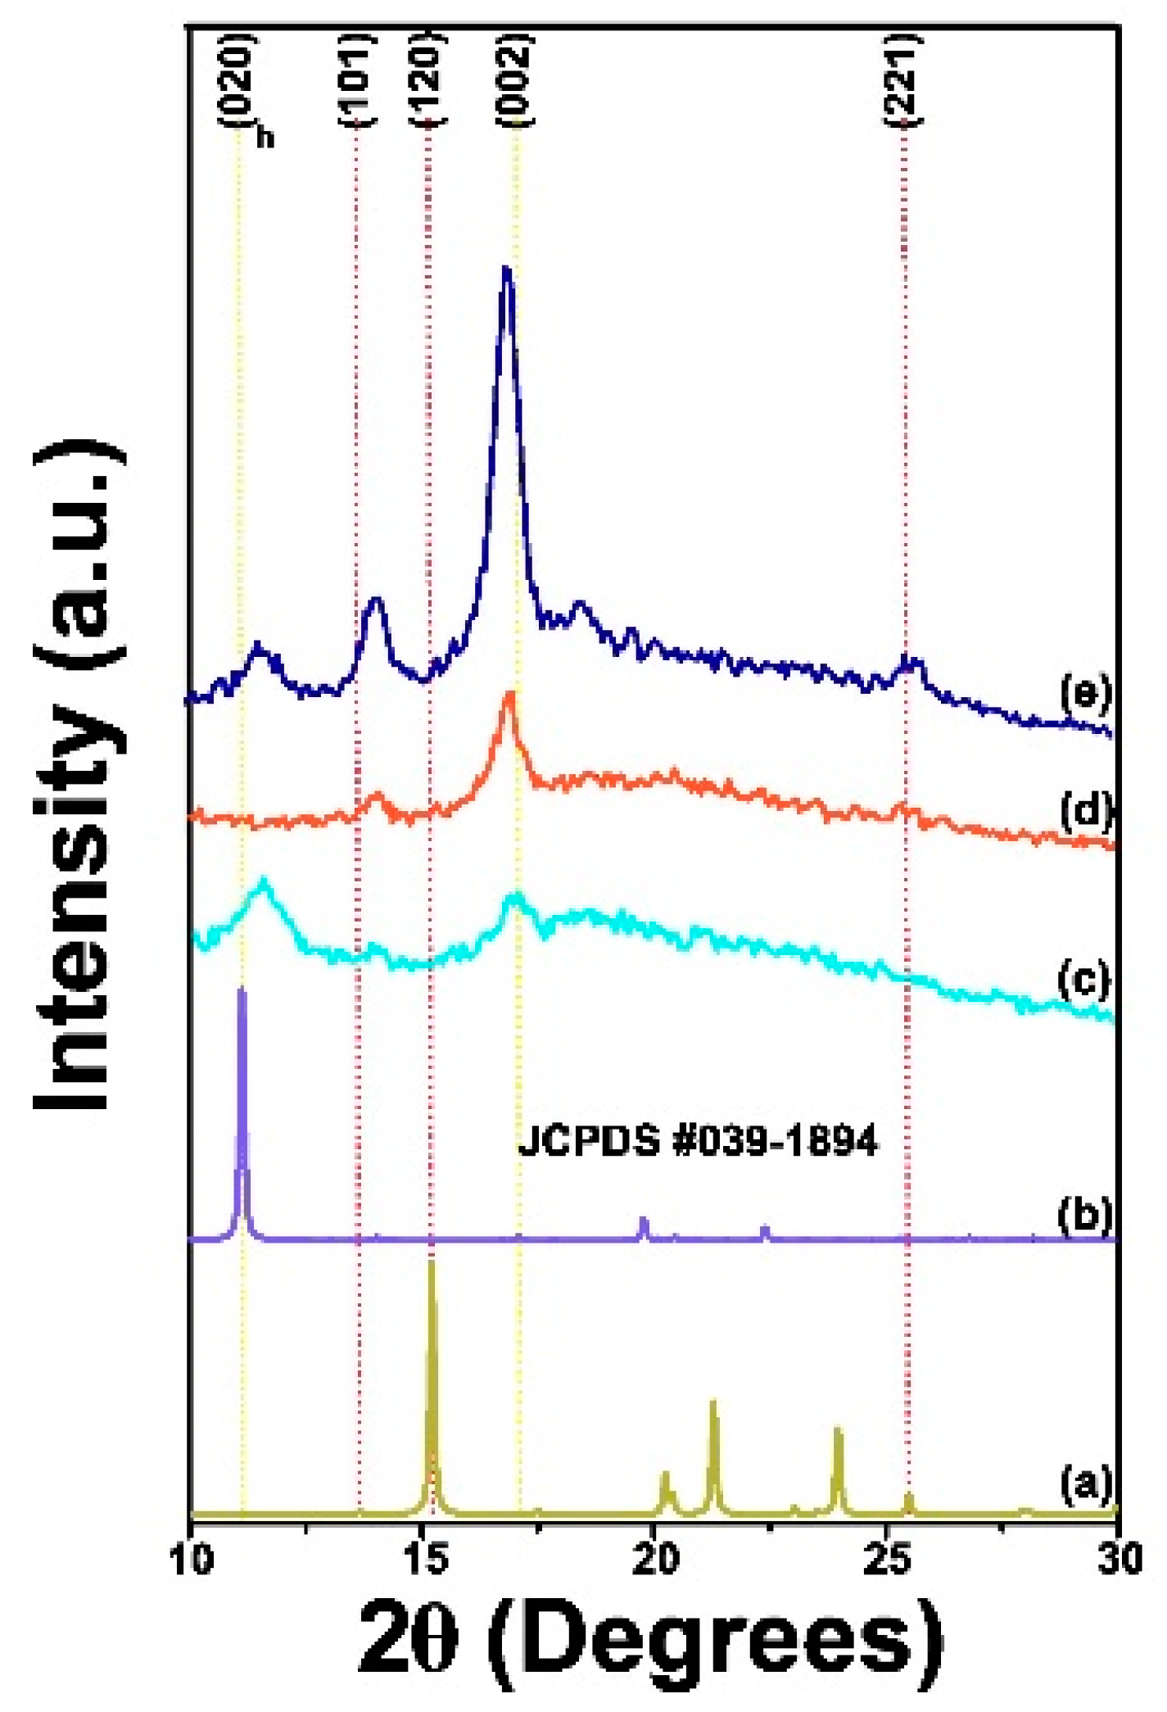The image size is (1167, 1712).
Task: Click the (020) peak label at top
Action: click(239, 80)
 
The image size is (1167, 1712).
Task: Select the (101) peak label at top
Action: click(357, 80)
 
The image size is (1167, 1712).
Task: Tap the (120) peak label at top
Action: click(427, 80)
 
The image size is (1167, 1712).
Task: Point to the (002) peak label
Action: click(516, 80)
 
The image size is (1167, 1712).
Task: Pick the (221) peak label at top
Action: click(904, 80)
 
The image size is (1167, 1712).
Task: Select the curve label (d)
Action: click(1084, 811)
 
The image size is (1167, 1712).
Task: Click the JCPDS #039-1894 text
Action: click(698, 1140)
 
